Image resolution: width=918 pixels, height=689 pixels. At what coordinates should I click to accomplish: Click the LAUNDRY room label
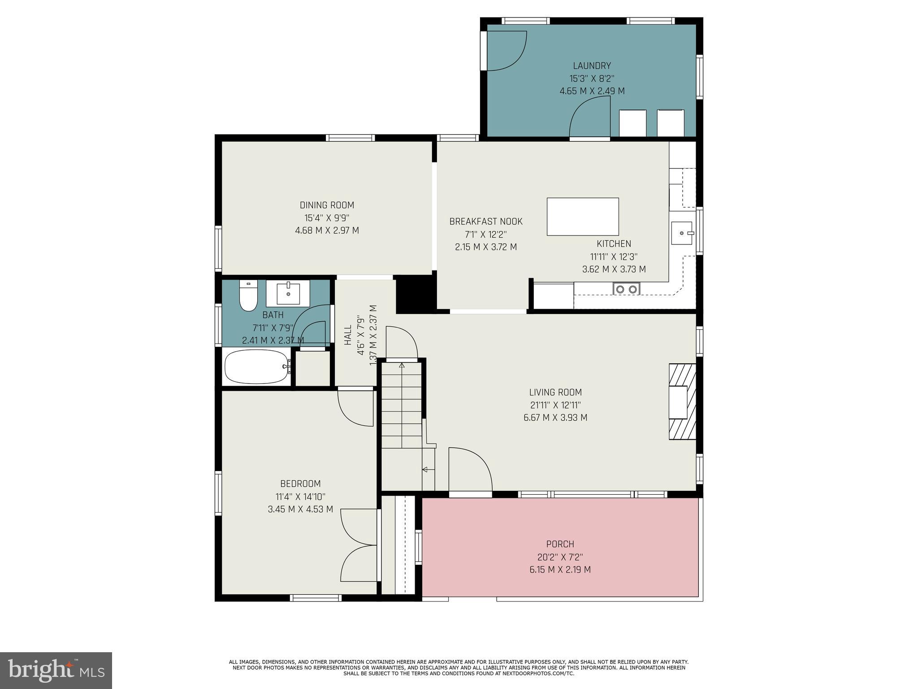coord(592,65)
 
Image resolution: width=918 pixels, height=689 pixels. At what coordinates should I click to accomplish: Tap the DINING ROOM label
coord(327,205)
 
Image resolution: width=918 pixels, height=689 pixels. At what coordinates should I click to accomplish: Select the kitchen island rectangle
coord(582,217)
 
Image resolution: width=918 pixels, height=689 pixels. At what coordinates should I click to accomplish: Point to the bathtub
coord(257,367)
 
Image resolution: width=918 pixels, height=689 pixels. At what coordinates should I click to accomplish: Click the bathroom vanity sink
coord(288,293)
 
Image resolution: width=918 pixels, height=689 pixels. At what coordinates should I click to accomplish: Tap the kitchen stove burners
coord(626,289)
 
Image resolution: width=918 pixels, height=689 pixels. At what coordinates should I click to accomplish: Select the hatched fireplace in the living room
coord(682,402)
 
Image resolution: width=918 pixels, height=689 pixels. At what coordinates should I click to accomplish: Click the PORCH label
coord(560,544)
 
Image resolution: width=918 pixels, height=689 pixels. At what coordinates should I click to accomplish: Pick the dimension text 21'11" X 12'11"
coord(555,405)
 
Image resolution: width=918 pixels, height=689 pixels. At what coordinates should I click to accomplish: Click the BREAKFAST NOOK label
coord(486,221)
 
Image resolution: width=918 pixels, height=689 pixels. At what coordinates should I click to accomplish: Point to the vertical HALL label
coord(348,335)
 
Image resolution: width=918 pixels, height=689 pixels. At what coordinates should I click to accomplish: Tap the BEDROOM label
coord(300,484)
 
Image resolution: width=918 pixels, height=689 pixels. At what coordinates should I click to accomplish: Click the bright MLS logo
coord(56,670)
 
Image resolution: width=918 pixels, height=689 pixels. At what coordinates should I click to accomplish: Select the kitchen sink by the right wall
coord(682,233)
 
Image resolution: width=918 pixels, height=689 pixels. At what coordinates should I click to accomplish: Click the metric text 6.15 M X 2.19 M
coord(560,570)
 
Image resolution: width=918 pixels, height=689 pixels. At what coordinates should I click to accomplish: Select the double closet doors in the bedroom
coord(359,545)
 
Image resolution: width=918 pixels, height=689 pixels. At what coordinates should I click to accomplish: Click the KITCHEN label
coord(614,244)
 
